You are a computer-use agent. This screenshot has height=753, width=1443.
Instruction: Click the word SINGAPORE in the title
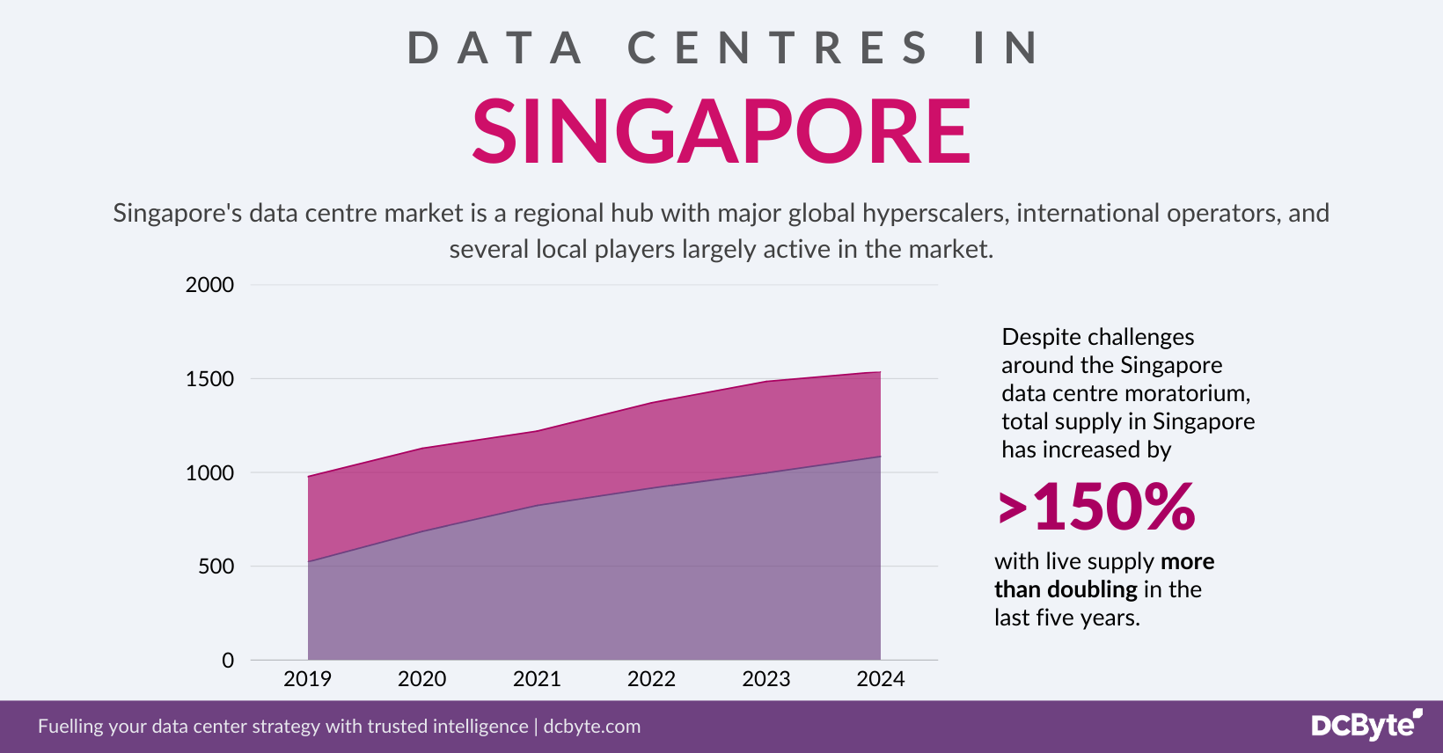pyautogui.click(x=721, y=132)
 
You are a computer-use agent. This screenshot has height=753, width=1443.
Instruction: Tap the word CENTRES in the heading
pyautogui.click(x=778, y=48)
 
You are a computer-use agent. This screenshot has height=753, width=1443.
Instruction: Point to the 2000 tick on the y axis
pyautogui.click(x=209, y=285)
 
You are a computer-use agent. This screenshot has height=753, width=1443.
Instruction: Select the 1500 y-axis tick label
pyautogui.click(x=209, y=379)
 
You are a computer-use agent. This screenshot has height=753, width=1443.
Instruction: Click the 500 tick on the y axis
pyautogui.click(x=216, y=567)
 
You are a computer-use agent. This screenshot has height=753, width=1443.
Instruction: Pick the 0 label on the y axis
pyautogui.click(x=228, y=661)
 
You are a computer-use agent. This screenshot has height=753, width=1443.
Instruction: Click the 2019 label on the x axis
pyautogui.click(x=307, y=679)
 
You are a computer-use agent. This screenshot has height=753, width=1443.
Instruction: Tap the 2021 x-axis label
pyautogui.click(x=537, y=679)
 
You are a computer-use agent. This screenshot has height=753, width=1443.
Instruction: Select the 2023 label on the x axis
pyautogui.click(x=765, y=679)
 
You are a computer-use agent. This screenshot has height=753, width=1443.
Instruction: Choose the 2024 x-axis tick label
pyautogui.click(x=880, y=679)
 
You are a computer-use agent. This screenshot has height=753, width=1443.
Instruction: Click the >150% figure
pyautogui.click(x=1097, y=508)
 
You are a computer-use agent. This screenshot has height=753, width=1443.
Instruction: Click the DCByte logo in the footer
pyautogui.click(x=1366, y=725)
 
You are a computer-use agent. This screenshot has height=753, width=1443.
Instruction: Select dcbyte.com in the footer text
pyautogui.click(x=591, y=727)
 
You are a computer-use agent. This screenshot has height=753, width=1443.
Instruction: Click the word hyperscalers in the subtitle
pyautogui.click(x=934, y=214)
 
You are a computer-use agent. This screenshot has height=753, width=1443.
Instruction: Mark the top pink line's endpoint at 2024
pyautogui.click(x=880, y=372)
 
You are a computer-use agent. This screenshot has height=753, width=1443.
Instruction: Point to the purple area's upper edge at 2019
pyautogui.click(x=308, y=561)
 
